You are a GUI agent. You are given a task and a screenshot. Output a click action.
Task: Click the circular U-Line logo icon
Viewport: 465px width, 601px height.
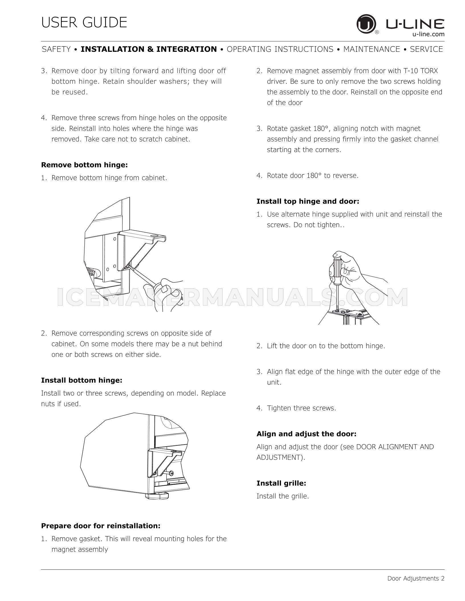366,25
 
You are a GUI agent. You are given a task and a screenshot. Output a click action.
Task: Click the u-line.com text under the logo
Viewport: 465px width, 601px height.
428,34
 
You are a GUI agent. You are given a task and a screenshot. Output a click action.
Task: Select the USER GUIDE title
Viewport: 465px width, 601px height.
84,22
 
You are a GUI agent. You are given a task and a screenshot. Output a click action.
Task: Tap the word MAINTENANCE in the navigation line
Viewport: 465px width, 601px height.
372,49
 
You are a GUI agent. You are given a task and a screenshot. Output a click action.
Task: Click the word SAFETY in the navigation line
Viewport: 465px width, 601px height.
56,49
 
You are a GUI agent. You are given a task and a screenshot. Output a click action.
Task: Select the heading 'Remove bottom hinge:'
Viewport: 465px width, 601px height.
85,165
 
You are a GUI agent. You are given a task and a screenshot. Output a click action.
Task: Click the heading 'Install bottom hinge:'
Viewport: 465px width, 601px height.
82,380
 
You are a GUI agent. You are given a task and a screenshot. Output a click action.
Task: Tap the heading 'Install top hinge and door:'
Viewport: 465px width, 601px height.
308,201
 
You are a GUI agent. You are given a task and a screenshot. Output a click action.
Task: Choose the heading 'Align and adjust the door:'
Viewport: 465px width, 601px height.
307,434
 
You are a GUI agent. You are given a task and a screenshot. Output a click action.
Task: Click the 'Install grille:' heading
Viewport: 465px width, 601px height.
281,483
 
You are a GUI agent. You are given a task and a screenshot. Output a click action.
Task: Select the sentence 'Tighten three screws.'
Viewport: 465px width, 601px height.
301,408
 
